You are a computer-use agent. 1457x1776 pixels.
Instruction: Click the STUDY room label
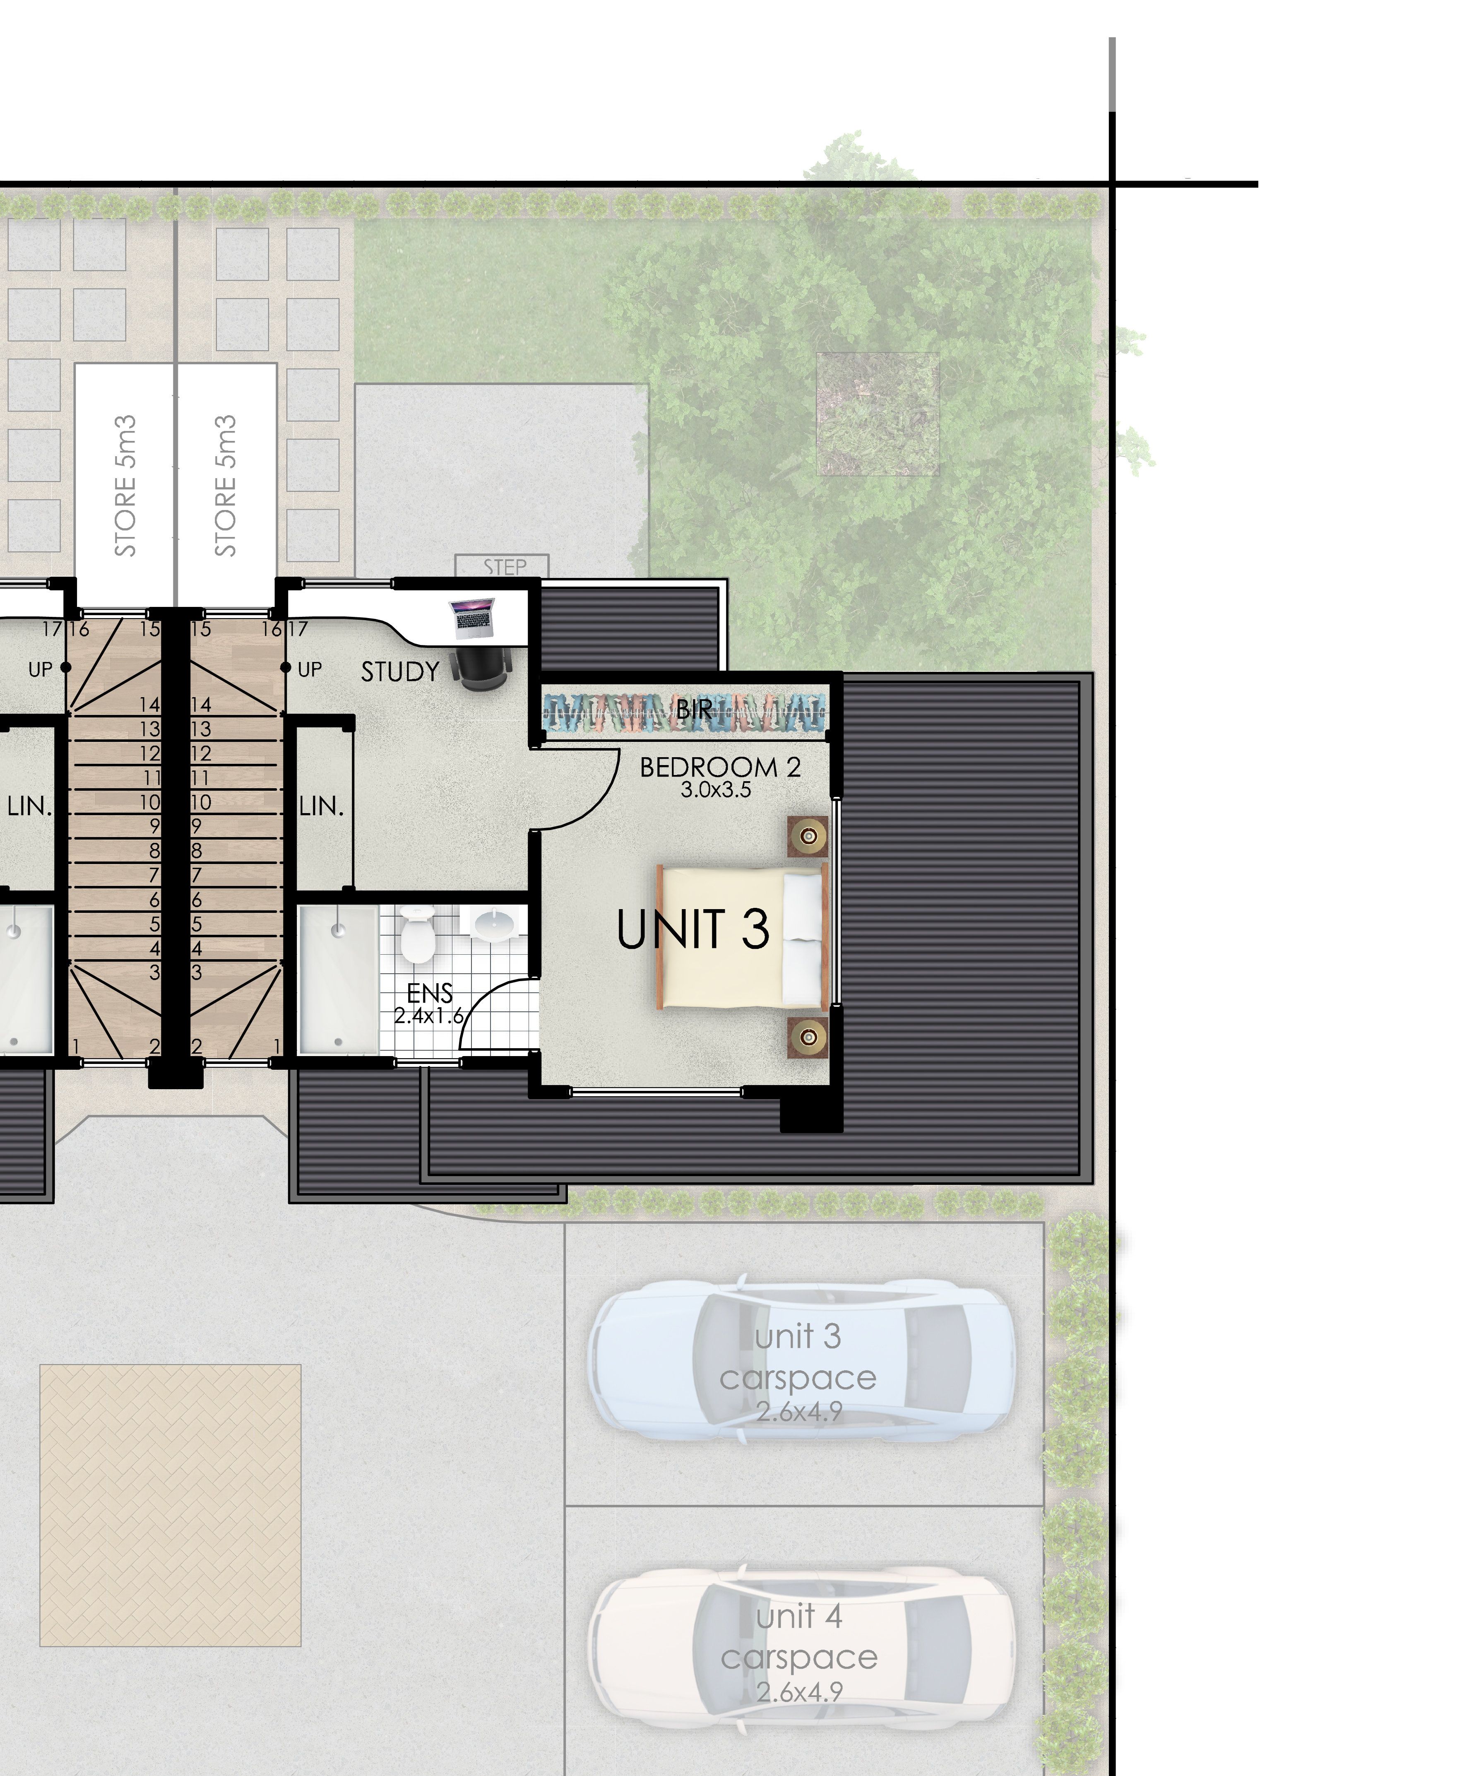400,671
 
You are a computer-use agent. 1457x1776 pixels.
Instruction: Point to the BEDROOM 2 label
720,767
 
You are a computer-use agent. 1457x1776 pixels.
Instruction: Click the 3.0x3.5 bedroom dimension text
716,790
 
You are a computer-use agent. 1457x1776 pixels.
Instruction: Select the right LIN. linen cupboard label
322,806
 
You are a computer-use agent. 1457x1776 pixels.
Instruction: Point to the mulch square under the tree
878,414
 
